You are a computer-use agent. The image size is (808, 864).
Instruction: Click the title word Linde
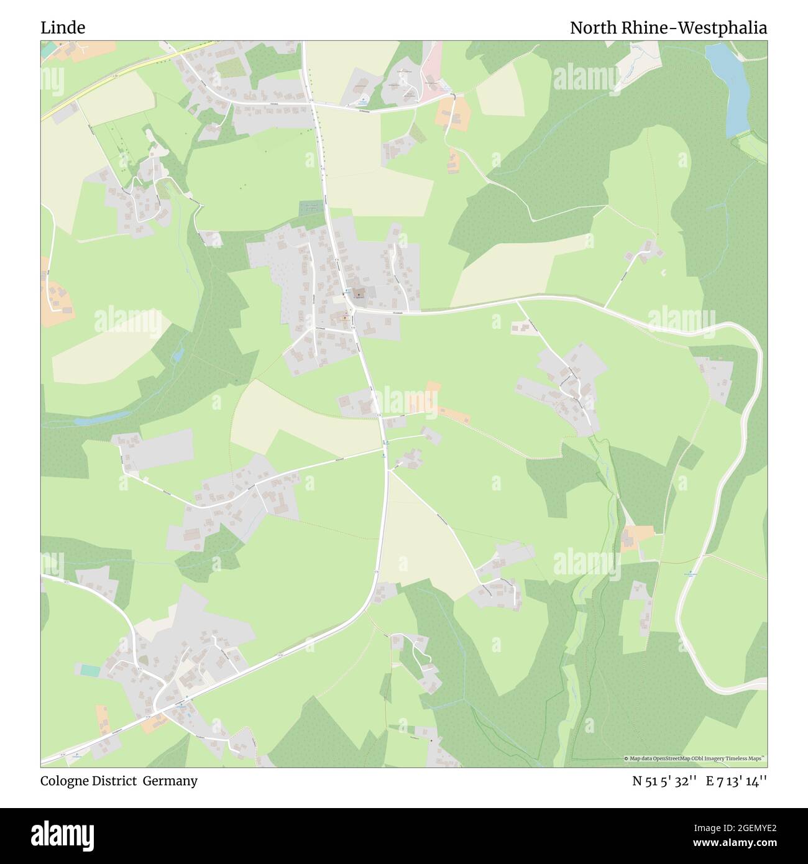63,27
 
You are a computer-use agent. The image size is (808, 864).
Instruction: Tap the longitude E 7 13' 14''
737,781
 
